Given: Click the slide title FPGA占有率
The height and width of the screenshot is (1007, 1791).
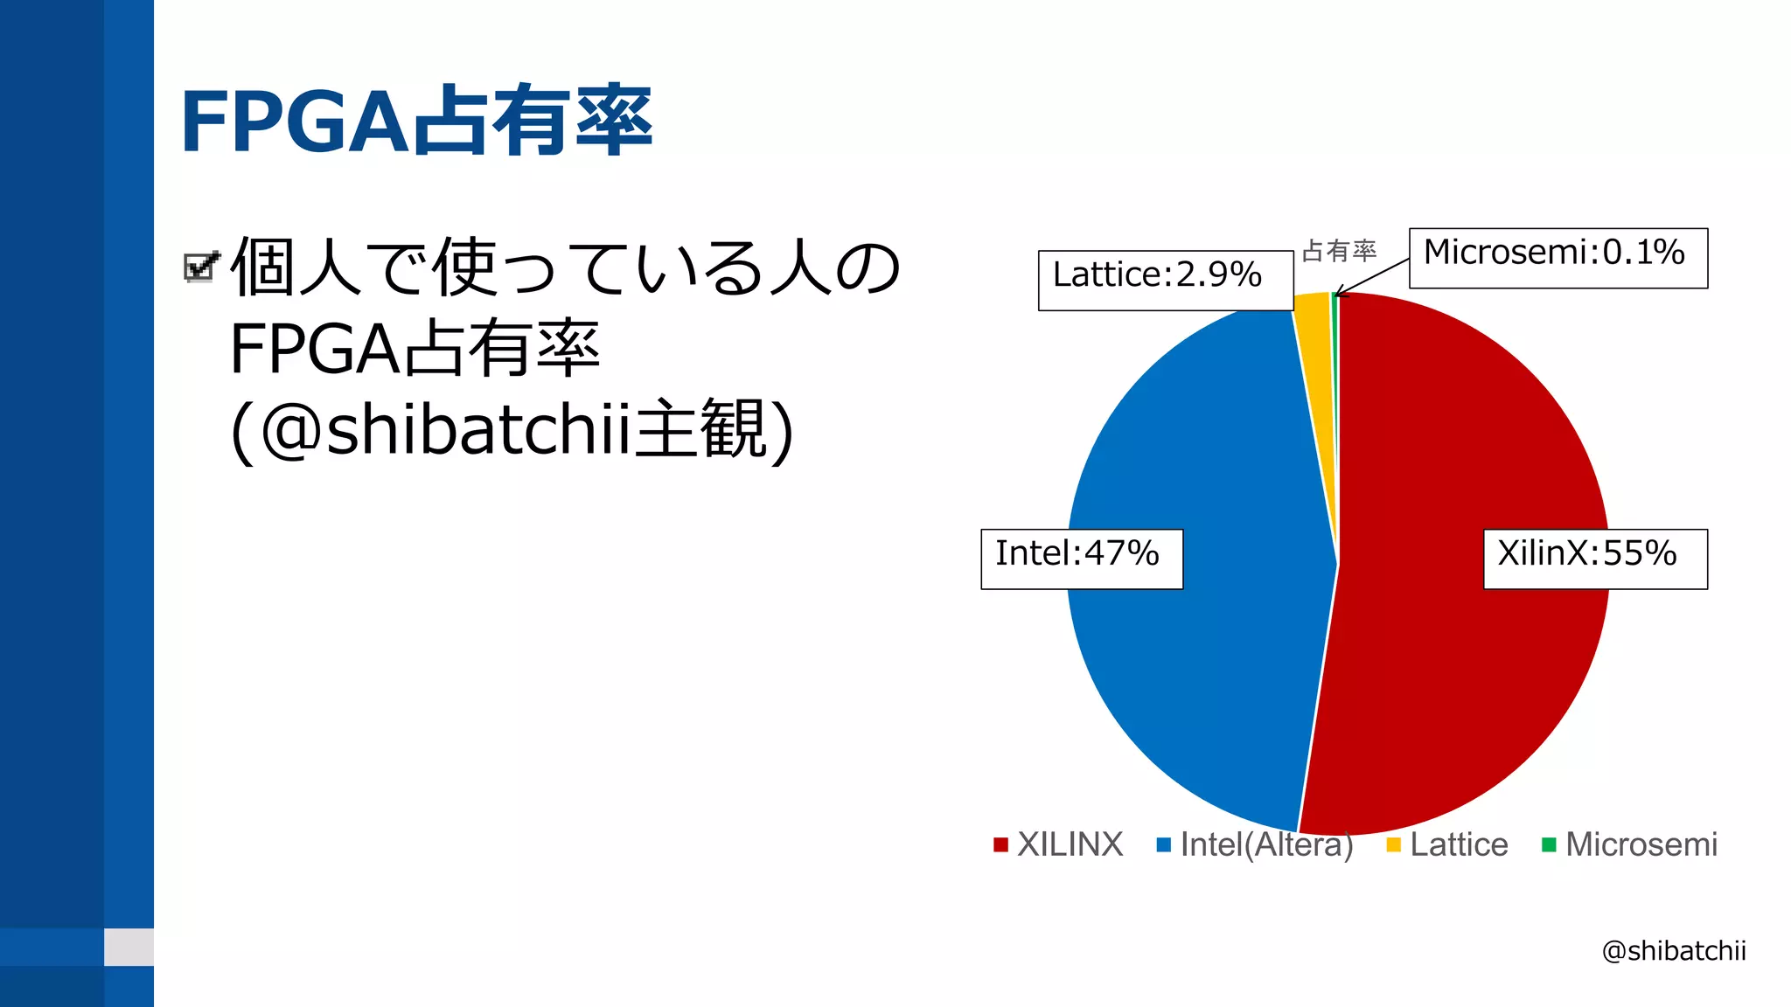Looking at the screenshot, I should pyautogui.click(x=416, y=121).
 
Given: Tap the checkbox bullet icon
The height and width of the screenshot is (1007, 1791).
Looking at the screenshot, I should pyautogui.click(x=201, y=267).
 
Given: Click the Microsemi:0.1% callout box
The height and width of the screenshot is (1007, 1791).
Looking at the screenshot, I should pyautogui.click(x=1558, y=258).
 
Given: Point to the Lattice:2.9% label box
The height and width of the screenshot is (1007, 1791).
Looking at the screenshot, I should pyautogui.click(x=1165, y=280).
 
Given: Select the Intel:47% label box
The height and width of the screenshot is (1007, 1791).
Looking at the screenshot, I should pyautogui.click(x=1081, y=559).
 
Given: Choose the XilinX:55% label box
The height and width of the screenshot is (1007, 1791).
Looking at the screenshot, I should pyautogui.click(x=1594, y=559).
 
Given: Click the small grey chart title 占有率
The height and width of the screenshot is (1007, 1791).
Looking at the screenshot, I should pyautogui.click(x=1339, y=251).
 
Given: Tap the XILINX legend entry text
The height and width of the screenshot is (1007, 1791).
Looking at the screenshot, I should pyautogui.click(x=1070, y=844).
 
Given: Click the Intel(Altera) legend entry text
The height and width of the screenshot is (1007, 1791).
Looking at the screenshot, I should pyautogui.click(x=1266, y=844).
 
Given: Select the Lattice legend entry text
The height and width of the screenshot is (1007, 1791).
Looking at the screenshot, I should pyautogui.click(x=1459, y=844).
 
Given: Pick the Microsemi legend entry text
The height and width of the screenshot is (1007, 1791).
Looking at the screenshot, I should pyautogui.click(x=1641, y=844).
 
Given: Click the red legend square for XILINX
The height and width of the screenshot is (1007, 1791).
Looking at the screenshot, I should pyautogui.click(x=1000, y=844).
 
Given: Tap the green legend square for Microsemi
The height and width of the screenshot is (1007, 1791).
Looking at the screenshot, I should pyautogui.click(x=1549, y=844).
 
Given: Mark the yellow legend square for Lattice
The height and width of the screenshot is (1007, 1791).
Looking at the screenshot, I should pyautogui.click(x=1393, y=844).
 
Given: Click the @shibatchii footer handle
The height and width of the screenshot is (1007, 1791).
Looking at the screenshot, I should pyautogui.click(x=1673, y=950).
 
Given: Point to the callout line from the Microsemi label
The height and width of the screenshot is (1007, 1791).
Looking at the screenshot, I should pyautogui.click(x=1373, y=276).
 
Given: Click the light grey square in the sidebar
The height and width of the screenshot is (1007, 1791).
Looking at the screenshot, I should pyautogui.click(x=129, y=947).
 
